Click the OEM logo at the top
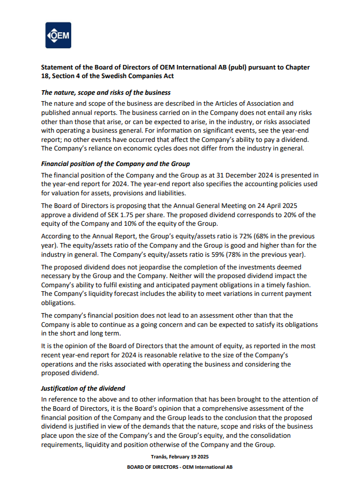click(58, 36)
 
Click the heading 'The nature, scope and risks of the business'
click(106, 92)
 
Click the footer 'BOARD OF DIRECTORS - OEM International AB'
click(180, 467)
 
